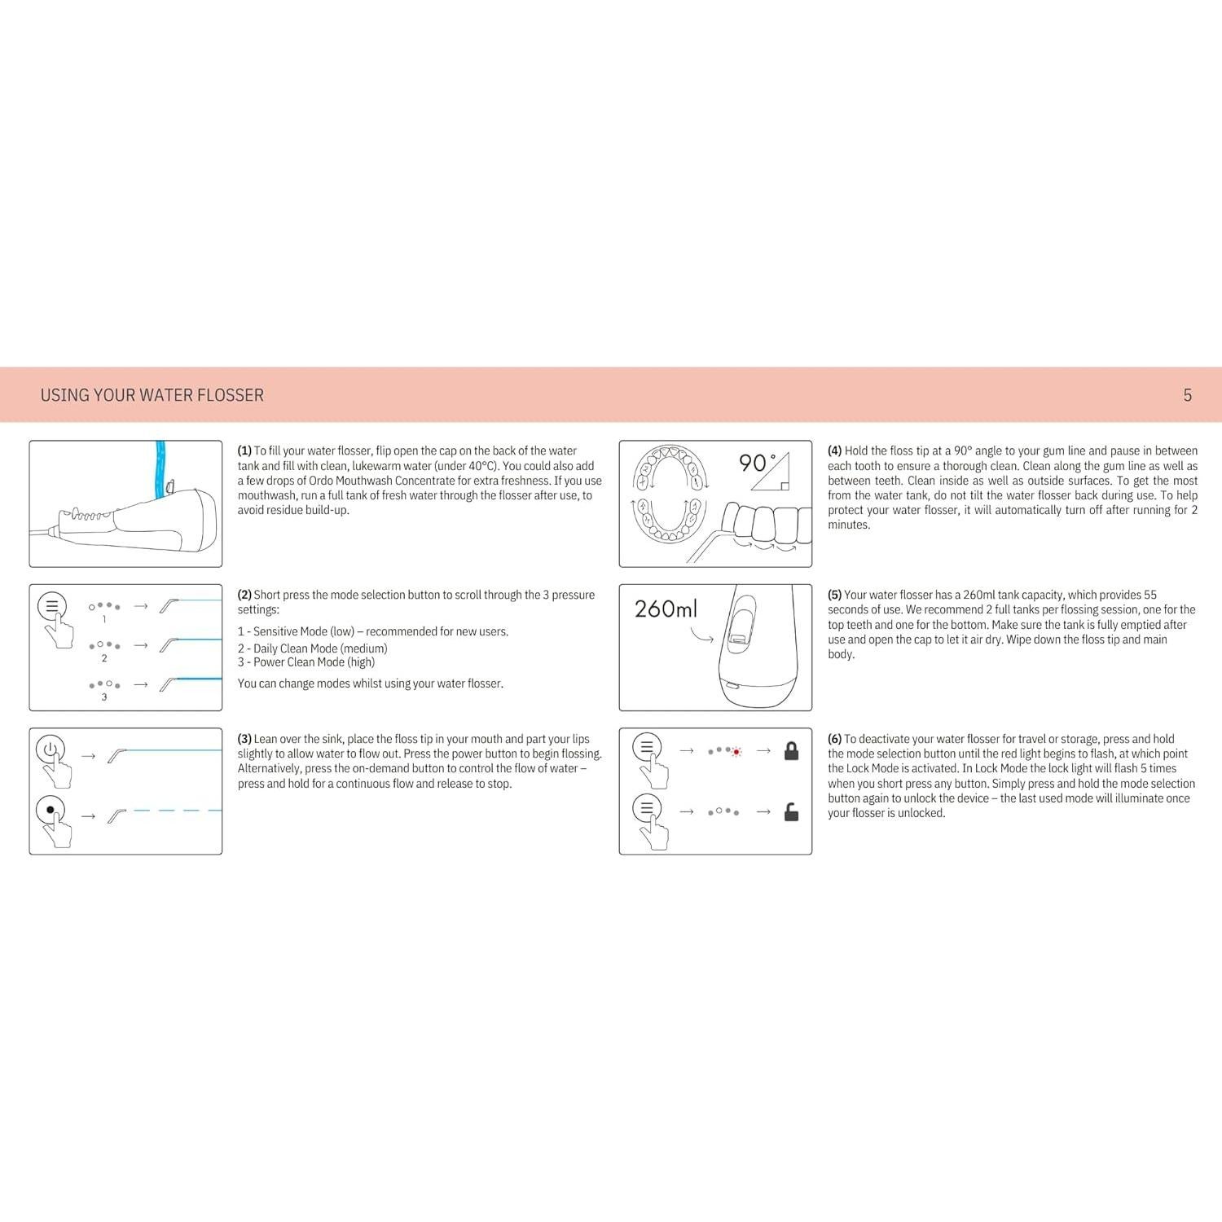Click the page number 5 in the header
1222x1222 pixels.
[x=1187, y=395]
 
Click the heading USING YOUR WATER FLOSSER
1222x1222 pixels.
[x=152, y=395]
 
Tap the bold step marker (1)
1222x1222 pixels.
[x=244, y=451]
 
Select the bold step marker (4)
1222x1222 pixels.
[x=835, y=451]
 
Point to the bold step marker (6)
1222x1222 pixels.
[x=835, y=739]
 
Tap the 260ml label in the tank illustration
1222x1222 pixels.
[x=666, y=609]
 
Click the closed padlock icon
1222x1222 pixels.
[x=791, y=750]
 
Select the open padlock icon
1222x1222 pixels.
[x=791, y=812]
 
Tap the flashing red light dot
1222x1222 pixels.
[x=736, y=752]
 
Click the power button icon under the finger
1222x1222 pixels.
[x=51, y=749]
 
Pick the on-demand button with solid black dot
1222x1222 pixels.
[x=51, y=810]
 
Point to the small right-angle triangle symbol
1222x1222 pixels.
[x=770, y=473]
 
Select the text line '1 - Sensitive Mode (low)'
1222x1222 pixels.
[x=372, y=631]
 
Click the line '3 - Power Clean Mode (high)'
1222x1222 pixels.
[x=306, y=662]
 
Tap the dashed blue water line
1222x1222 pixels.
[x=177, y=811]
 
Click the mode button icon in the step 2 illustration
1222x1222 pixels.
[x=51, y=606]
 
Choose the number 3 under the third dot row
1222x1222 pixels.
[x=104, y=697]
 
